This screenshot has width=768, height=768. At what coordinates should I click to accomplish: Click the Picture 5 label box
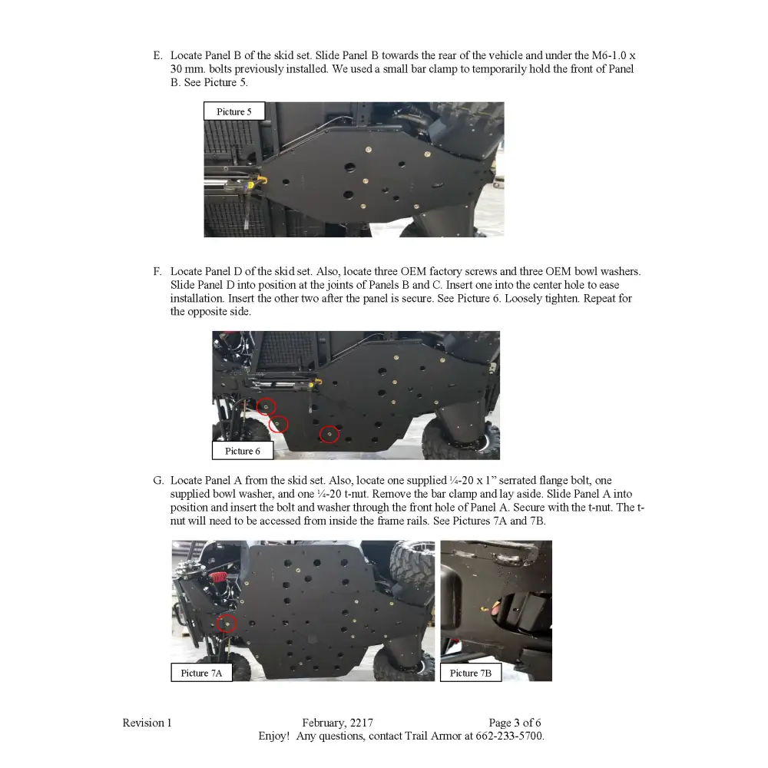[x=233, y=112]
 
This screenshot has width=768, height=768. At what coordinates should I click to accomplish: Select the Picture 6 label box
[x=242, y=451]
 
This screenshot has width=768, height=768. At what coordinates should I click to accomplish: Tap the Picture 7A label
[x=201, y=674]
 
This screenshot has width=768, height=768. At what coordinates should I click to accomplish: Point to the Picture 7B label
[x=470, y=674]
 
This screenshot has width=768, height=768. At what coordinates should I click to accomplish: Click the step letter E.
[x=157, y=56]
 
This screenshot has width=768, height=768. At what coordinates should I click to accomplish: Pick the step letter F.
[x=157, y=272]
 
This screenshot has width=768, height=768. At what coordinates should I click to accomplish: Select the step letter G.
[x=157, y=481]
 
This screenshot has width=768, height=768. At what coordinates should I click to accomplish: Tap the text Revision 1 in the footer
[x=147, y=723]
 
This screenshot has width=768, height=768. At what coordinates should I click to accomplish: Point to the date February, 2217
[x=337, y=723]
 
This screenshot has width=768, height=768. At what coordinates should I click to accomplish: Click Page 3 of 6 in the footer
[x=515, y=723]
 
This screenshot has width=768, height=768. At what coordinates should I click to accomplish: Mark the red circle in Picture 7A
[x=226, y=623]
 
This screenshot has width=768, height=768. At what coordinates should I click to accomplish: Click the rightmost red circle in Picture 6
[x=329, y=435]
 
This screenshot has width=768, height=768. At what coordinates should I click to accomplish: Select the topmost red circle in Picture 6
[x=266, y=406]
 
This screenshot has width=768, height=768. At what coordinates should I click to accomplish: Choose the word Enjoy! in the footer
[x=273, y=736]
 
